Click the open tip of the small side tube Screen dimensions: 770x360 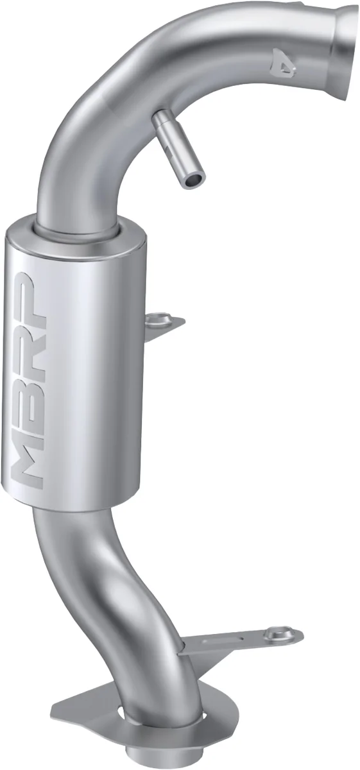click(191, 182)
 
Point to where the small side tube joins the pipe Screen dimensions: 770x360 click(160, 117)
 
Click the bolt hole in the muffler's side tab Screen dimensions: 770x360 click(160, 318)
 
